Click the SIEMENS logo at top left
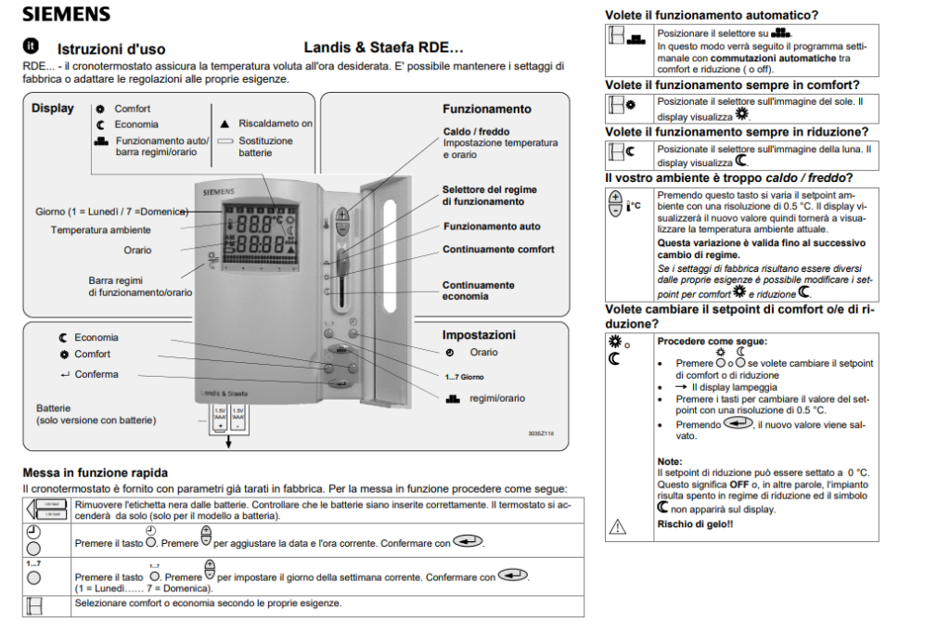[66, 14]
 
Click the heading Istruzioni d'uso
[111, 49]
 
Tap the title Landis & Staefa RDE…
[382, 47]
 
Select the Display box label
[53, 109]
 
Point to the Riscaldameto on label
[276, 123]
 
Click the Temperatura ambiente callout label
[101, 230]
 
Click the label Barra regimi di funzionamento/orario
[140, 286]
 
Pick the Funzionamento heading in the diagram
[487, 109]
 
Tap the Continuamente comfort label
[498, 250]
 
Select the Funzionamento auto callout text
[492, 226]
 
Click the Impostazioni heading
[479, 335]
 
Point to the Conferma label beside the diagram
[96, 375]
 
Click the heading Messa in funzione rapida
[95, 473]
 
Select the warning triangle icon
[617, 526]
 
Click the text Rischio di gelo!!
[695, 524]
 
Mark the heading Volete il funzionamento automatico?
[712, 15]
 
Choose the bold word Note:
[670, 461]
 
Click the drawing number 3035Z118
[540, 433]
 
